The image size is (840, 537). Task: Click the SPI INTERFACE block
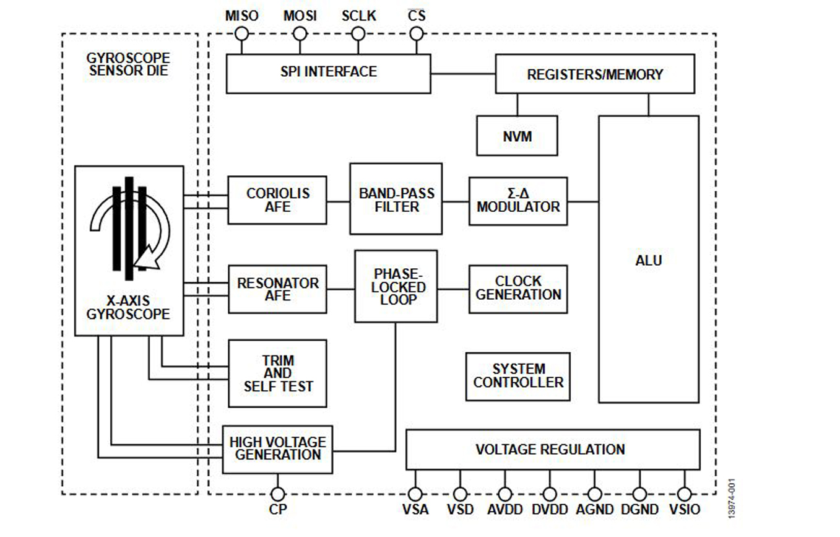tap(328, 73)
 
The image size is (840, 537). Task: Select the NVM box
tap(517, 136)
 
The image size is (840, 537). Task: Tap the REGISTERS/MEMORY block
tap(594, 74)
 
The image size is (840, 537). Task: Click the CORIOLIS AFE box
tap(277, 200)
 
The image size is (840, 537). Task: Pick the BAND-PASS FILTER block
tap(396, 199)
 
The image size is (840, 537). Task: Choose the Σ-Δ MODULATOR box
tap(518, 201)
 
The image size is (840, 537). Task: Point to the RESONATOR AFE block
tap(277, 289)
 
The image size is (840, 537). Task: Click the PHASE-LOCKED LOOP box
tap(396, 286)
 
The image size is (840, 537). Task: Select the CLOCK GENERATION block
tap(518, 289)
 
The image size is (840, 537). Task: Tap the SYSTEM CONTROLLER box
tap(518, 377)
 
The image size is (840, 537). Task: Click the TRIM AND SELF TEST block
tap(277, 373)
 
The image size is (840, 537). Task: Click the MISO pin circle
tap(241, 33)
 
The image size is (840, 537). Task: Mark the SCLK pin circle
tap(358, 33)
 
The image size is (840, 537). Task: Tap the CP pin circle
tap(278, 494)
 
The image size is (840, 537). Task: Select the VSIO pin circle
tap(684, 494)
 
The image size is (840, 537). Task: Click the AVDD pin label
tap(505, 510)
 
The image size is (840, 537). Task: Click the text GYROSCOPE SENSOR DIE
tap(129, 64)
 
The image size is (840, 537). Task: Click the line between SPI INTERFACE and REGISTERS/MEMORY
tap(463, 74)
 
